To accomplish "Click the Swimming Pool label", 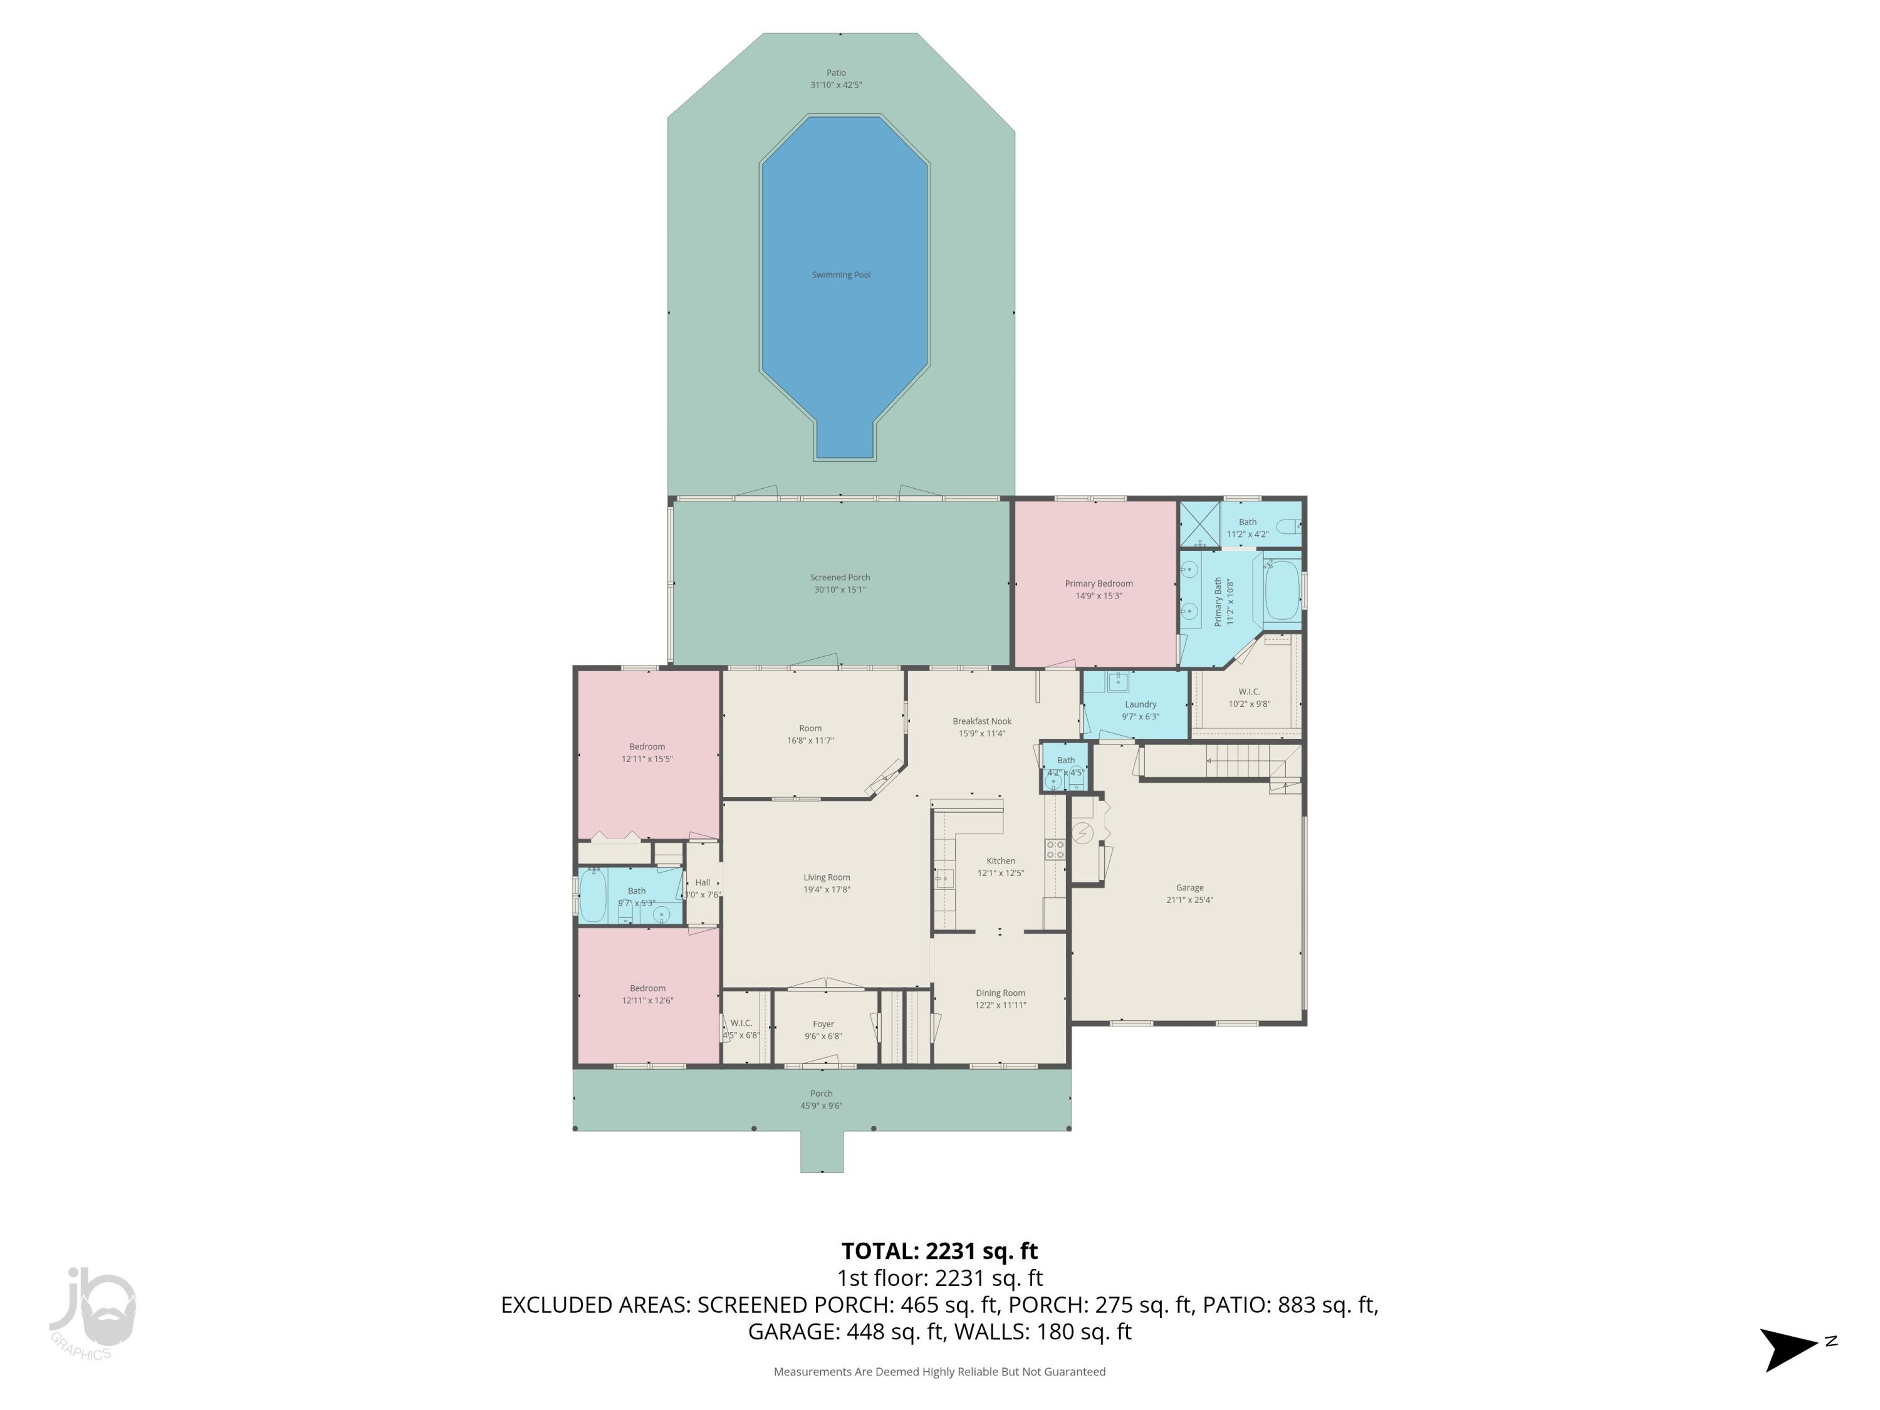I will (840, 274).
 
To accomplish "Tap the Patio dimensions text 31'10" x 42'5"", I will (837, 85).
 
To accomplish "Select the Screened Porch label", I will (840, 577).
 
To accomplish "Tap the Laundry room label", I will (1140, 704).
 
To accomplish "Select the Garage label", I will (1189, 887).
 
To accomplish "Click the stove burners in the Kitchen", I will (1055, 849).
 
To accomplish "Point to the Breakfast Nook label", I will (981, 721).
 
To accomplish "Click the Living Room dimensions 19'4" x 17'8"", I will (826, 890).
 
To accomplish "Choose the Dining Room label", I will (1000, 993).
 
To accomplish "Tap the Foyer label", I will (823, 1024).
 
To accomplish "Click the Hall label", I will (702, 882).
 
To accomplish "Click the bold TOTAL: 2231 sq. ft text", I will (939, 1251).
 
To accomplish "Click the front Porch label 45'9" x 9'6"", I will (821, 1100).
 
